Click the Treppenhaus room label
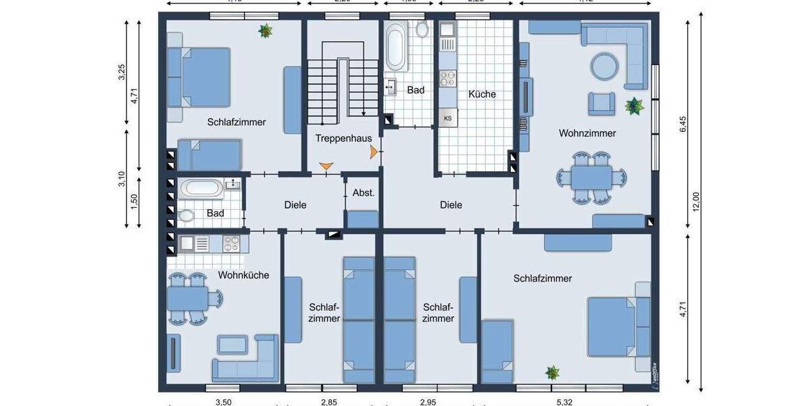343,138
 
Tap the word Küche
482,94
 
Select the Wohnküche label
243,275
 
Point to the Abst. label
363,193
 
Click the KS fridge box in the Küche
447,118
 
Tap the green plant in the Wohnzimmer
634,106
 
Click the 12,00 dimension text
696,202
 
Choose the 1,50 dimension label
134,203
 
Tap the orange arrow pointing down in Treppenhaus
326,166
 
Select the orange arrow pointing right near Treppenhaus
373,154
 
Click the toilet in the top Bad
423,29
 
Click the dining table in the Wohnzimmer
592,178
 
